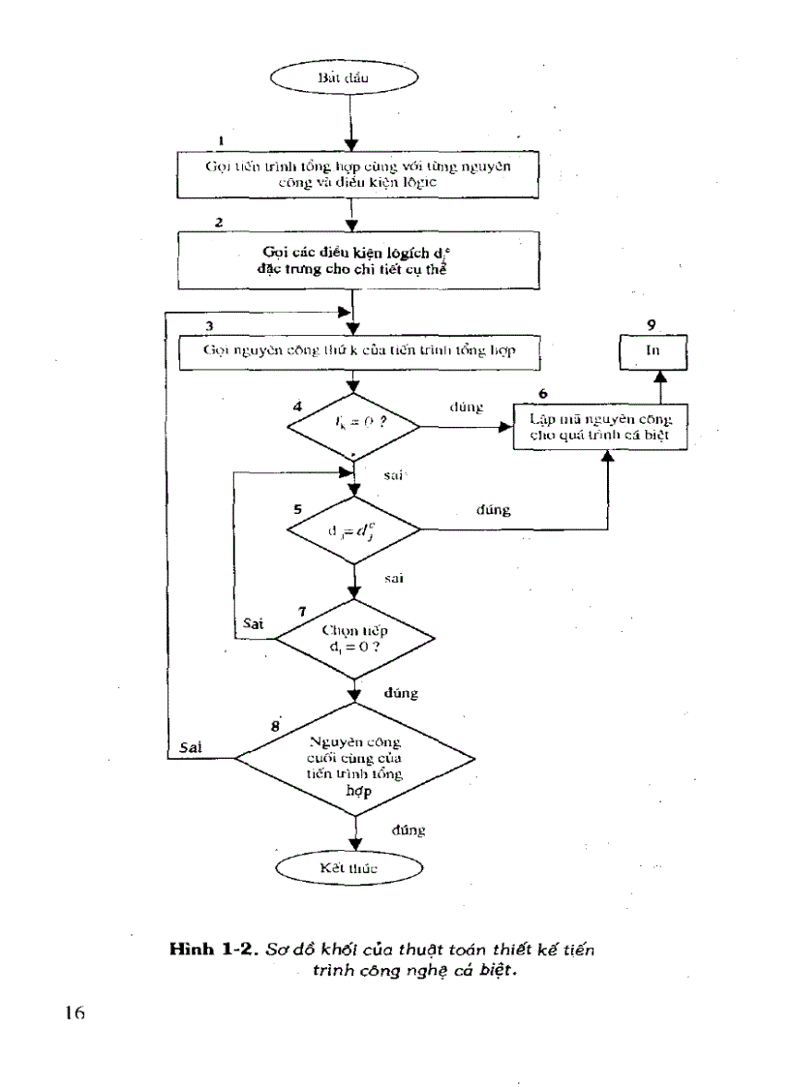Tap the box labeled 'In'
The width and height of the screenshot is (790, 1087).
point(652,351)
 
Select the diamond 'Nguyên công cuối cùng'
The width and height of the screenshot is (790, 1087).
point(357,758)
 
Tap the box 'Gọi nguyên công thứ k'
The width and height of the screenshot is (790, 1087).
point(357,351)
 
